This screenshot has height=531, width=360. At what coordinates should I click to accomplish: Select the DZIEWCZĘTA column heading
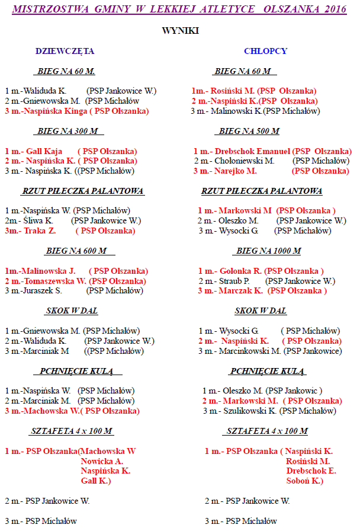65,51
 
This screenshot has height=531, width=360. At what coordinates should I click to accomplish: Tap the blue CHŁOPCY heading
266,51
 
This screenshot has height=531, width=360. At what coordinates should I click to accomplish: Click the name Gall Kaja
44,151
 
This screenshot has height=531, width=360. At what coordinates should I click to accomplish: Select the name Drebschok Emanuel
252,151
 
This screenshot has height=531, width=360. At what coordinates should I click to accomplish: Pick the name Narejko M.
236,171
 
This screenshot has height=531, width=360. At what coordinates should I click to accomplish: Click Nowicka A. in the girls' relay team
102,460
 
